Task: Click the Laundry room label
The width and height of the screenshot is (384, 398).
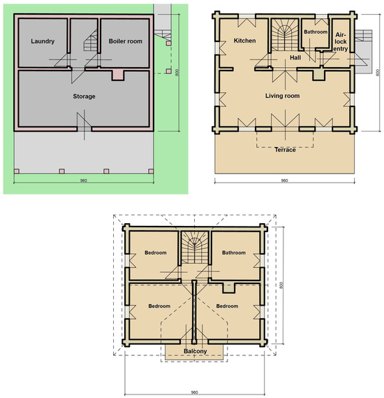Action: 43,41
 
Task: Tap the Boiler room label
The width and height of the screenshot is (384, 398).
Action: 126,41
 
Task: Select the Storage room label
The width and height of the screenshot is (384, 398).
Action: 84,97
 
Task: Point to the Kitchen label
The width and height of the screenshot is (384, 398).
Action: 244,41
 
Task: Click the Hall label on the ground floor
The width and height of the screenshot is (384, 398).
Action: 295,57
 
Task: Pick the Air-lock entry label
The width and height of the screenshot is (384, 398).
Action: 341,42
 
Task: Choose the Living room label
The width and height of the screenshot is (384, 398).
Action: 283,96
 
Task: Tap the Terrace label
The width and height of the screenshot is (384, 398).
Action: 286,150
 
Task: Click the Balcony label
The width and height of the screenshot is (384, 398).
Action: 195,351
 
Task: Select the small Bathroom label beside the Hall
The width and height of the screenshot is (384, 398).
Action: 316,31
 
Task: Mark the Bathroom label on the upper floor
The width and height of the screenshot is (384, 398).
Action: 234,253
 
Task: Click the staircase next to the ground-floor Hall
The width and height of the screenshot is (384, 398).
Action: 286,35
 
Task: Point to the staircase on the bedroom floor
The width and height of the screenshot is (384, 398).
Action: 195,247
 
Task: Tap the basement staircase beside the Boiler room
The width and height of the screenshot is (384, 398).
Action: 91,40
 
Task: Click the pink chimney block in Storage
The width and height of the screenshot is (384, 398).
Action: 118,76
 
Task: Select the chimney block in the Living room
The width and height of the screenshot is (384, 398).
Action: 318,75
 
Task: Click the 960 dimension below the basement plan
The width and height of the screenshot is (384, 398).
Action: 84,180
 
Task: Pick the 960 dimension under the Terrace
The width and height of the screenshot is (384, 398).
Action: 284,180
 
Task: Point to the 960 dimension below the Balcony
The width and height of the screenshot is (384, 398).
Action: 194,392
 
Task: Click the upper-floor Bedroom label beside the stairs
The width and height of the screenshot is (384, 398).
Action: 156,253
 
